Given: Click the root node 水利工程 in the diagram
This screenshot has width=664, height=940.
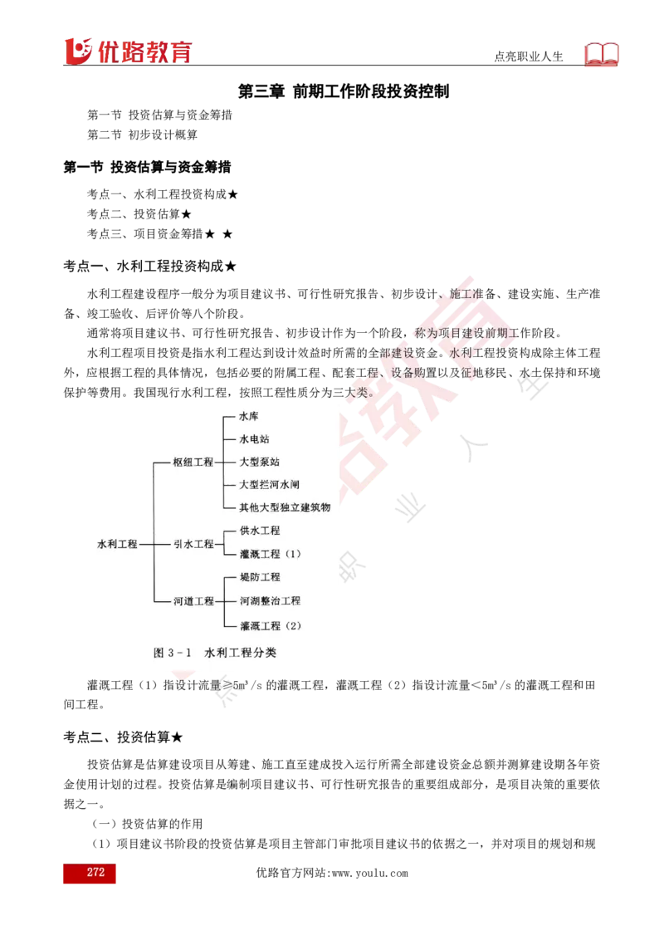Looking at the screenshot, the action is pyautogui.click(x=117, y=544).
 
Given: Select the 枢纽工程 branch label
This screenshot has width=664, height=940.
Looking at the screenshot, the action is pyautogui.click(x=193, y=462).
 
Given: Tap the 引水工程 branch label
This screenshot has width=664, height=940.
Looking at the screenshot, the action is pyautogui.click(x=193, y=544).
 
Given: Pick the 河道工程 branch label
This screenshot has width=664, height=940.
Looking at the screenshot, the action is pyautogui.click(x=193, y=601).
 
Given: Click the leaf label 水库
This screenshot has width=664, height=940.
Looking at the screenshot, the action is pyautogui.click(x=249, y=415).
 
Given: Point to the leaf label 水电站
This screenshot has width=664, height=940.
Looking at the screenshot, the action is pyautogui.click(x=254, y=438).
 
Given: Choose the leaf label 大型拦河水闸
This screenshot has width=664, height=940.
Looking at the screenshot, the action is pyautogui.click(x=270, y=484).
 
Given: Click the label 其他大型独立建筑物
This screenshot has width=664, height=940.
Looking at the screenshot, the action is pyautogui.click(x=285, y=507).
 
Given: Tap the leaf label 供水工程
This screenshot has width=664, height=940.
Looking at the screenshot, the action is pyautogui.click(x=260, y=531).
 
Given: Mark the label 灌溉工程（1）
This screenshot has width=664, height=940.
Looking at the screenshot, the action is pyautogui.click(x=271, y=554).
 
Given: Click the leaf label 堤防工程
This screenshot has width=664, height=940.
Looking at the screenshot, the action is pyautogui.click(x=260, y=577).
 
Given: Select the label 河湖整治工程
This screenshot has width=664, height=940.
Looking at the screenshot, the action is pyautogui.click(x=270, y=600).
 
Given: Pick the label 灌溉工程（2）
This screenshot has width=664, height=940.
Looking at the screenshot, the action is pyautogui.click(x=271, y=624).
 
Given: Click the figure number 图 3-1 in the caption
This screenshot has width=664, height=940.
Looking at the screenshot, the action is pyautogui.click(x=173, y=653).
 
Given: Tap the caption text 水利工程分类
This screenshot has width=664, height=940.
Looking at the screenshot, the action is pyautogui.click(x=240, y=653).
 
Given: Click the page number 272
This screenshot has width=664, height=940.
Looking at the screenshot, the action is pyautogui.click(x=95, y=872).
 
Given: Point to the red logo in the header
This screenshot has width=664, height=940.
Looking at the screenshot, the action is pyautogui.click(x=126, y=50).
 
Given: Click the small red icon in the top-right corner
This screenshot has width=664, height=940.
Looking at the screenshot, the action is pyautogui.click(x=604, y=54).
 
